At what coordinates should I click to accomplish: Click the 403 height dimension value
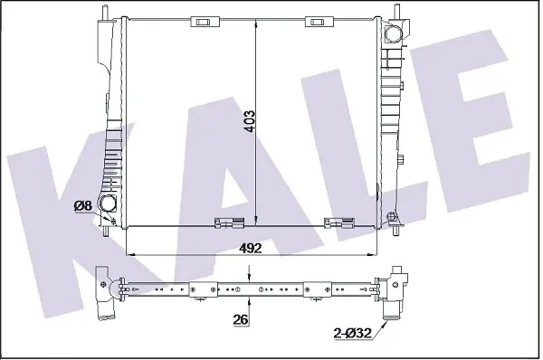pyautogui.click(x=250, y=121)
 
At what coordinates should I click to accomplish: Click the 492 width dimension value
pyautogui.click(x=251, y=248)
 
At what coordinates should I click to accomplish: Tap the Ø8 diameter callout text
pyautogui.click(x=82, y=206)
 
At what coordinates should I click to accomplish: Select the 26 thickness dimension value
pyautogui.click(x=241, y=319)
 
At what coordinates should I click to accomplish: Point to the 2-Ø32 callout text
pyautogui.click(x=353, y=333)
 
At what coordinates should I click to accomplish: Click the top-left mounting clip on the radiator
pyautogui.click(x=205, y=22)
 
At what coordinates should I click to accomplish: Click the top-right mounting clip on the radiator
pyautogui.click(x=319, y=22)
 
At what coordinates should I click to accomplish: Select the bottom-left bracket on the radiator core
pyautogui.click(x=229, y=223)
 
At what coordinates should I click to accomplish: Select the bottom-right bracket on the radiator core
pyautogui.click(x=338, y=223)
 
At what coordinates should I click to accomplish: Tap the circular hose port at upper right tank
pyautogui.click(x=394, y=34)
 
